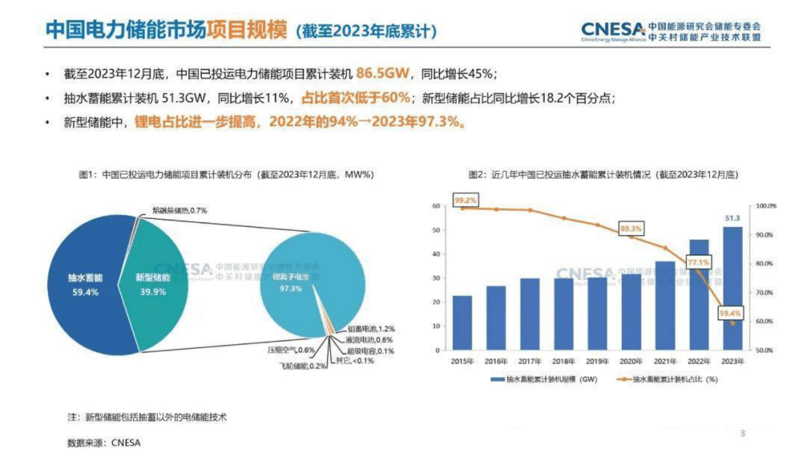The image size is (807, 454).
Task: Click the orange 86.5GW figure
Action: [382, 73]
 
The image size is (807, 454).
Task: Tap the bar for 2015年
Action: [462, 323]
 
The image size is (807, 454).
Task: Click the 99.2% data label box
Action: [465, 200]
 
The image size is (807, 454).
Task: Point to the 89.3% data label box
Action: [631, 229]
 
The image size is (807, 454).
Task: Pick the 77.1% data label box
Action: [698, 262]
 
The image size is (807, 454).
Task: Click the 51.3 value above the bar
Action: [732, 218]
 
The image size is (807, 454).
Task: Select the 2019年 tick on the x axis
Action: [597, 361]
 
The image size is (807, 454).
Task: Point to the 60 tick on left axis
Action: [436, 206]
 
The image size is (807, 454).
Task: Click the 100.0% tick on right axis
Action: [766, 206]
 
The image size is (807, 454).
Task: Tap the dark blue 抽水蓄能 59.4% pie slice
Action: [84, 285]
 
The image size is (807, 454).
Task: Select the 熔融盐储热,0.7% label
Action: [180, 210]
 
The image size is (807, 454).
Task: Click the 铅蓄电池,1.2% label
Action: [371, 329]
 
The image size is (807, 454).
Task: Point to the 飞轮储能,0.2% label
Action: [303, 366]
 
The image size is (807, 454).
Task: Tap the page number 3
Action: [742, 433]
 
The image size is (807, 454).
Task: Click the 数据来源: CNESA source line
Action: [104, 442]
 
